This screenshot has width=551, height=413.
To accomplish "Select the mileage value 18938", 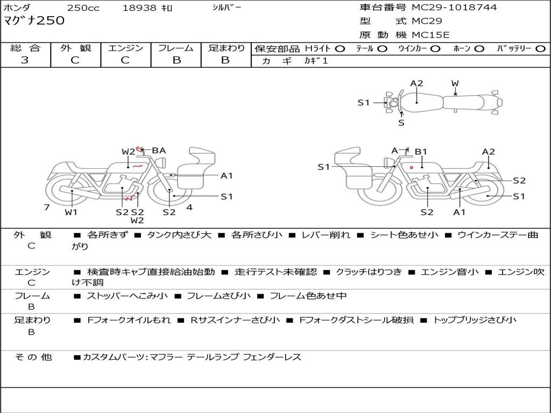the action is tap(140, 8).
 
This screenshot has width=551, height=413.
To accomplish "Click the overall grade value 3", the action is tap(25, 60).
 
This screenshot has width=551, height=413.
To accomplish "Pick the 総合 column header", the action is tap(25, 48).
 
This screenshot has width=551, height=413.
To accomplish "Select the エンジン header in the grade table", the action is tap(125, 48).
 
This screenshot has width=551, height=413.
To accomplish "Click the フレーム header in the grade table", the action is tap(176, 48).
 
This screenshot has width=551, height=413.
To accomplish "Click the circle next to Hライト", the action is tap(340, 48).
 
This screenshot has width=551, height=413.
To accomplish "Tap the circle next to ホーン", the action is tap(479, 48).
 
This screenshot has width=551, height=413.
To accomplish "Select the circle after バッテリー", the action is tap(540, 48).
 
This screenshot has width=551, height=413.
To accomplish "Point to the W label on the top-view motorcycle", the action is tap(455, 83).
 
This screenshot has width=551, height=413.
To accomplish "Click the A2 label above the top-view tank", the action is tap(416, 83).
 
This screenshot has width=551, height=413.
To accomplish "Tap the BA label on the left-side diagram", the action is tap(159, 151).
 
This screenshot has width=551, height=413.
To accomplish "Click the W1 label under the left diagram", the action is tap(71, 212).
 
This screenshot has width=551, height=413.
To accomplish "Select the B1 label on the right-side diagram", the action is tap(421, 152).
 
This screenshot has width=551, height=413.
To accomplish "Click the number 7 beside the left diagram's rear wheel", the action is tap(47, 207).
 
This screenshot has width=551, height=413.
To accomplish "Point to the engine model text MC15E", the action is tap(430, 35).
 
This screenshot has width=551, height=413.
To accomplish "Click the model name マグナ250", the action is tap(34, 21).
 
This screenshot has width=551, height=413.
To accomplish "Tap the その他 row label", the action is tap(33, 357).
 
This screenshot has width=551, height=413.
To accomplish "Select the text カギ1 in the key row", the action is tap(316, 61).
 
